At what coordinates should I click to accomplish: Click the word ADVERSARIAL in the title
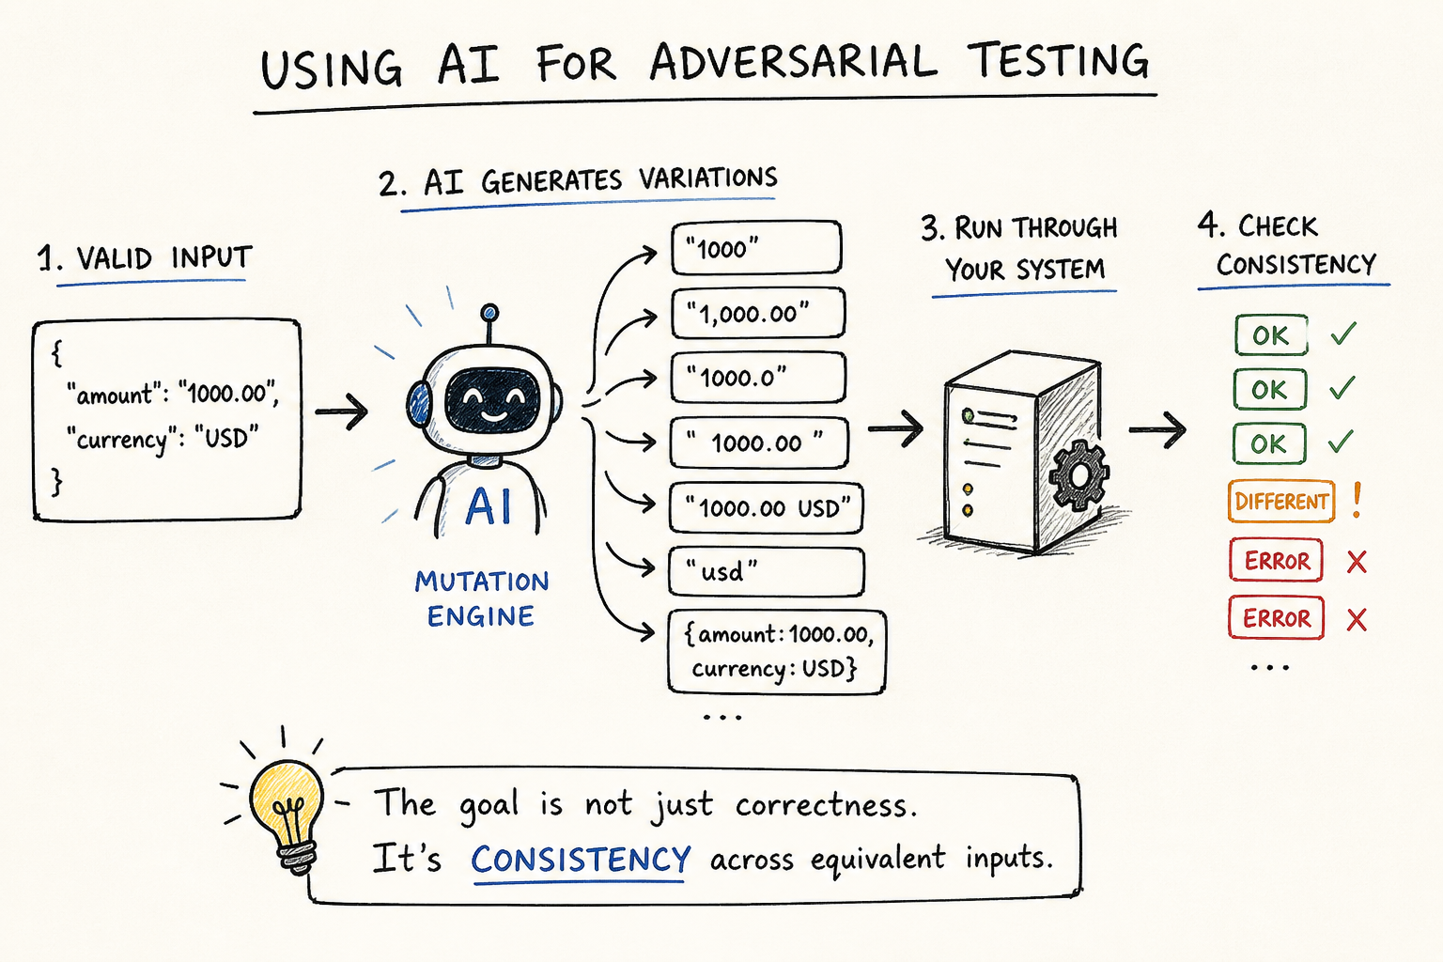click(792, 62)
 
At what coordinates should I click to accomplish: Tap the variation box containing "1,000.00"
click(757, 313)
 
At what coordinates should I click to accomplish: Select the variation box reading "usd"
click(766, 571)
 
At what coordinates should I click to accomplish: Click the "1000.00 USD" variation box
click(766, 507)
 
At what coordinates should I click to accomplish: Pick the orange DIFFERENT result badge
click(1281, 501)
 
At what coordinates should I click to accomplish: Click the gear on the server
click(1079, 476)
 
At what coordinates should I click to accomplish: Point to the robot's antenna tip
click(489, 313)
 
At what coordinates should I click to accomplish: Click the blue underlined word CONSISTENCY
click(581, 860)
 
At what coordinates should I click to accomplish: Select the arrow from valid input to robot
click(341, 411)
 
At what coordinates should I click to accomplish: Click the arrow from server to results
click(1157, 429)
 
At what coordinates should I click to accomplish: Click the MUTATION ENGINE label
click(482, 598)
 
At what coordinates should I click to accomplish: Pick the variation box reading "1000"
click(756, 248)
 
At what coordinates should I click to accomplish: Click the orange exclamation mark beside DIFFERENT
click(1357, 500)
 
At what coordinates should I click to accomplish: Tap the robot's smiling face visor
click(492, 400)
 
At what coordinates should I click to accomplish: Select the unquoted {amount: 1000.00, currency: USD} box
click(777, 651)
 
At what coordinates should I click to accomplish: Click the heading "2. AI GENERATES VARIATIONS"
click(578, 180)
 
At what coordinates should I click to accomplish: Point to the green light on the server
click(968, 415)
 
